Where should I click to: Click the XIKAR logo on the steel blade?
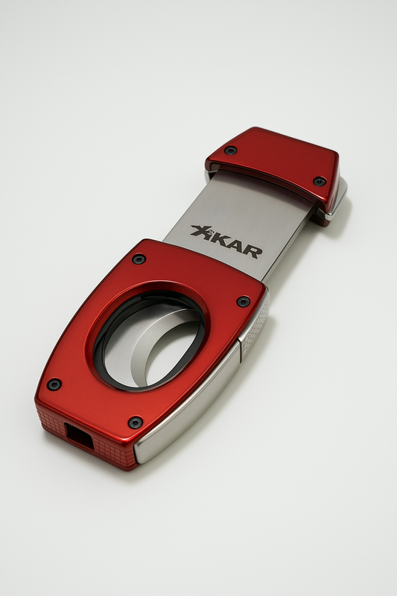click(x=226, y=241)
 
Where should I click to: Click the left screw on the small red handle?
click(x=231, y=150)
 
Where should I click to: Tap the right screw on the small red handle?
click(x=320, y=181)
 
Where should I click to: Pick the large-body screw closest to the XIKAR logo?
click(x=139, y=259)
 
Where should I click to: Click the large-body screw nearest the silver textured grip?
click(x=243, y=301)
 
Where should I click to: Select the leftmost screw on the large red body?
click(x=54, y=384)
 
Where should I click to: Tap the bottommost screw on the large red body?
click(x=135, y=422)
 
